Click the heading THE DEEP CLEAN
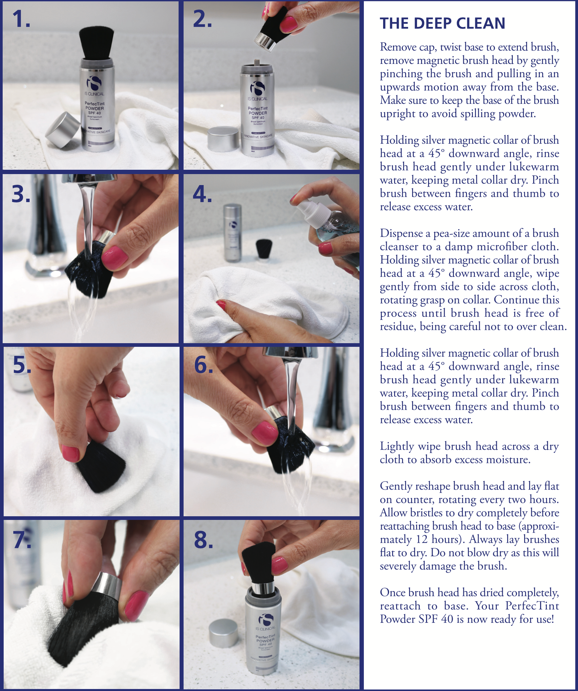pos(442,23)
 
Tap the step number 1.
pos(21,19)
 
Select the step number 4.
pos(202,194)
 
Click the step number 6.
pos(204,365)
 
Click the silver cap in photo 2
pos(223,139)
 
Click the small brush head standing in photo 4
pos(264,249)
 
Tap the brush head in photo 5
pos(100,466)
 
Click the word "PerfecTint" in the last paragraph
pos(532,605)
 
